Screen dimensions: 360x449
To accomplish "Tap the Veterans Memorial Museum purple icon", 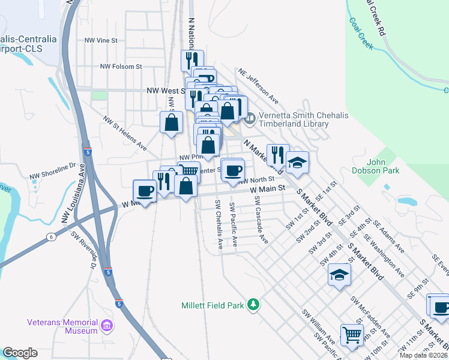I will pyautogui.click(x=107, y=326).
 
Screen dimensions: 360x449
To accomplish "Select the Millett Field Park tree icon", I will pyautogui.click(x=254, y=305).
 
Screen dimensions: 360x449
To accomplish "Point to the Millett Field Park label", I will pyautogui.click(x=212, y=305).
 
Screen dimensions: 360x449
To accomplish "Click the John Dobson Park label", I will pyautogui.click(x=384, y=166).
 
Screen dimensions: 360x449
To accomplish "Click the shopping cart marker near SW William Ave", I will pyautogui.click(x=352, y=334).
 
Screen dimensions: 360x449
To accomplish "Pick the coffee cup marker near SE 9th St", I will pyautogui.click(x=440, y=307).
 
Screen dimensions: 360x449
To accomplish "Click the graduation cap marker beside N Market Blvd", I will pyautogui.click(x=297, y=161).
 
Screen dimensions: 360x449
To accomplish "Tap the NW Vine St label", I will pyautogui.click(x=101, y=40).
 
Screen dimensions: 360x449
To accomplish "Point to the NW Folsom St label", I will pyautogui.click(x=121, y=67).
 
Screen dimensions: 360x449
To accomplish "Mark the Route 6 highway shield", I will pyautogui.click(x=52, y=238).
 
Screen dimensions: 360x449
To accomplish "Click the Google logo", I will pyautogui.click(x=20, y=353).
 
